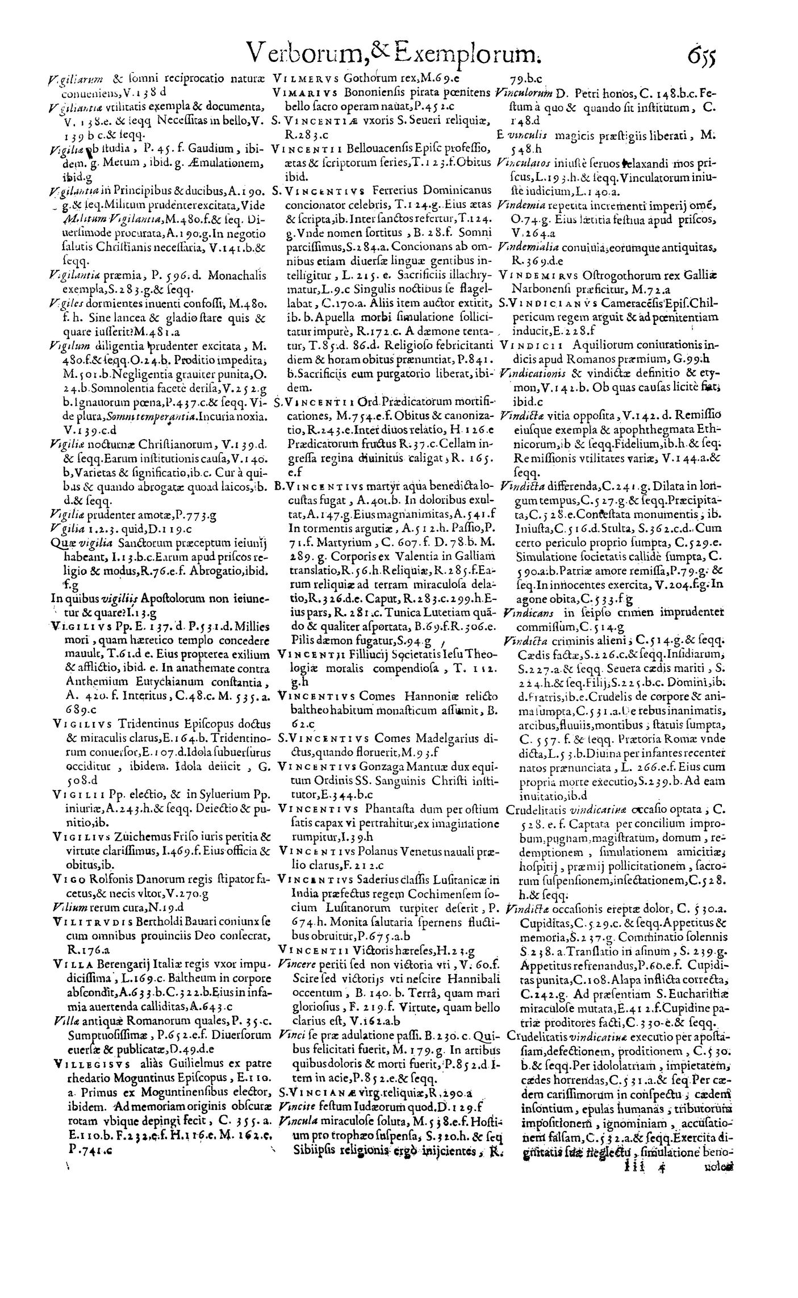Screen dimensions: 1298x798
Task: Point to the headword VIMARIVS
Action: point(304,91)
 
